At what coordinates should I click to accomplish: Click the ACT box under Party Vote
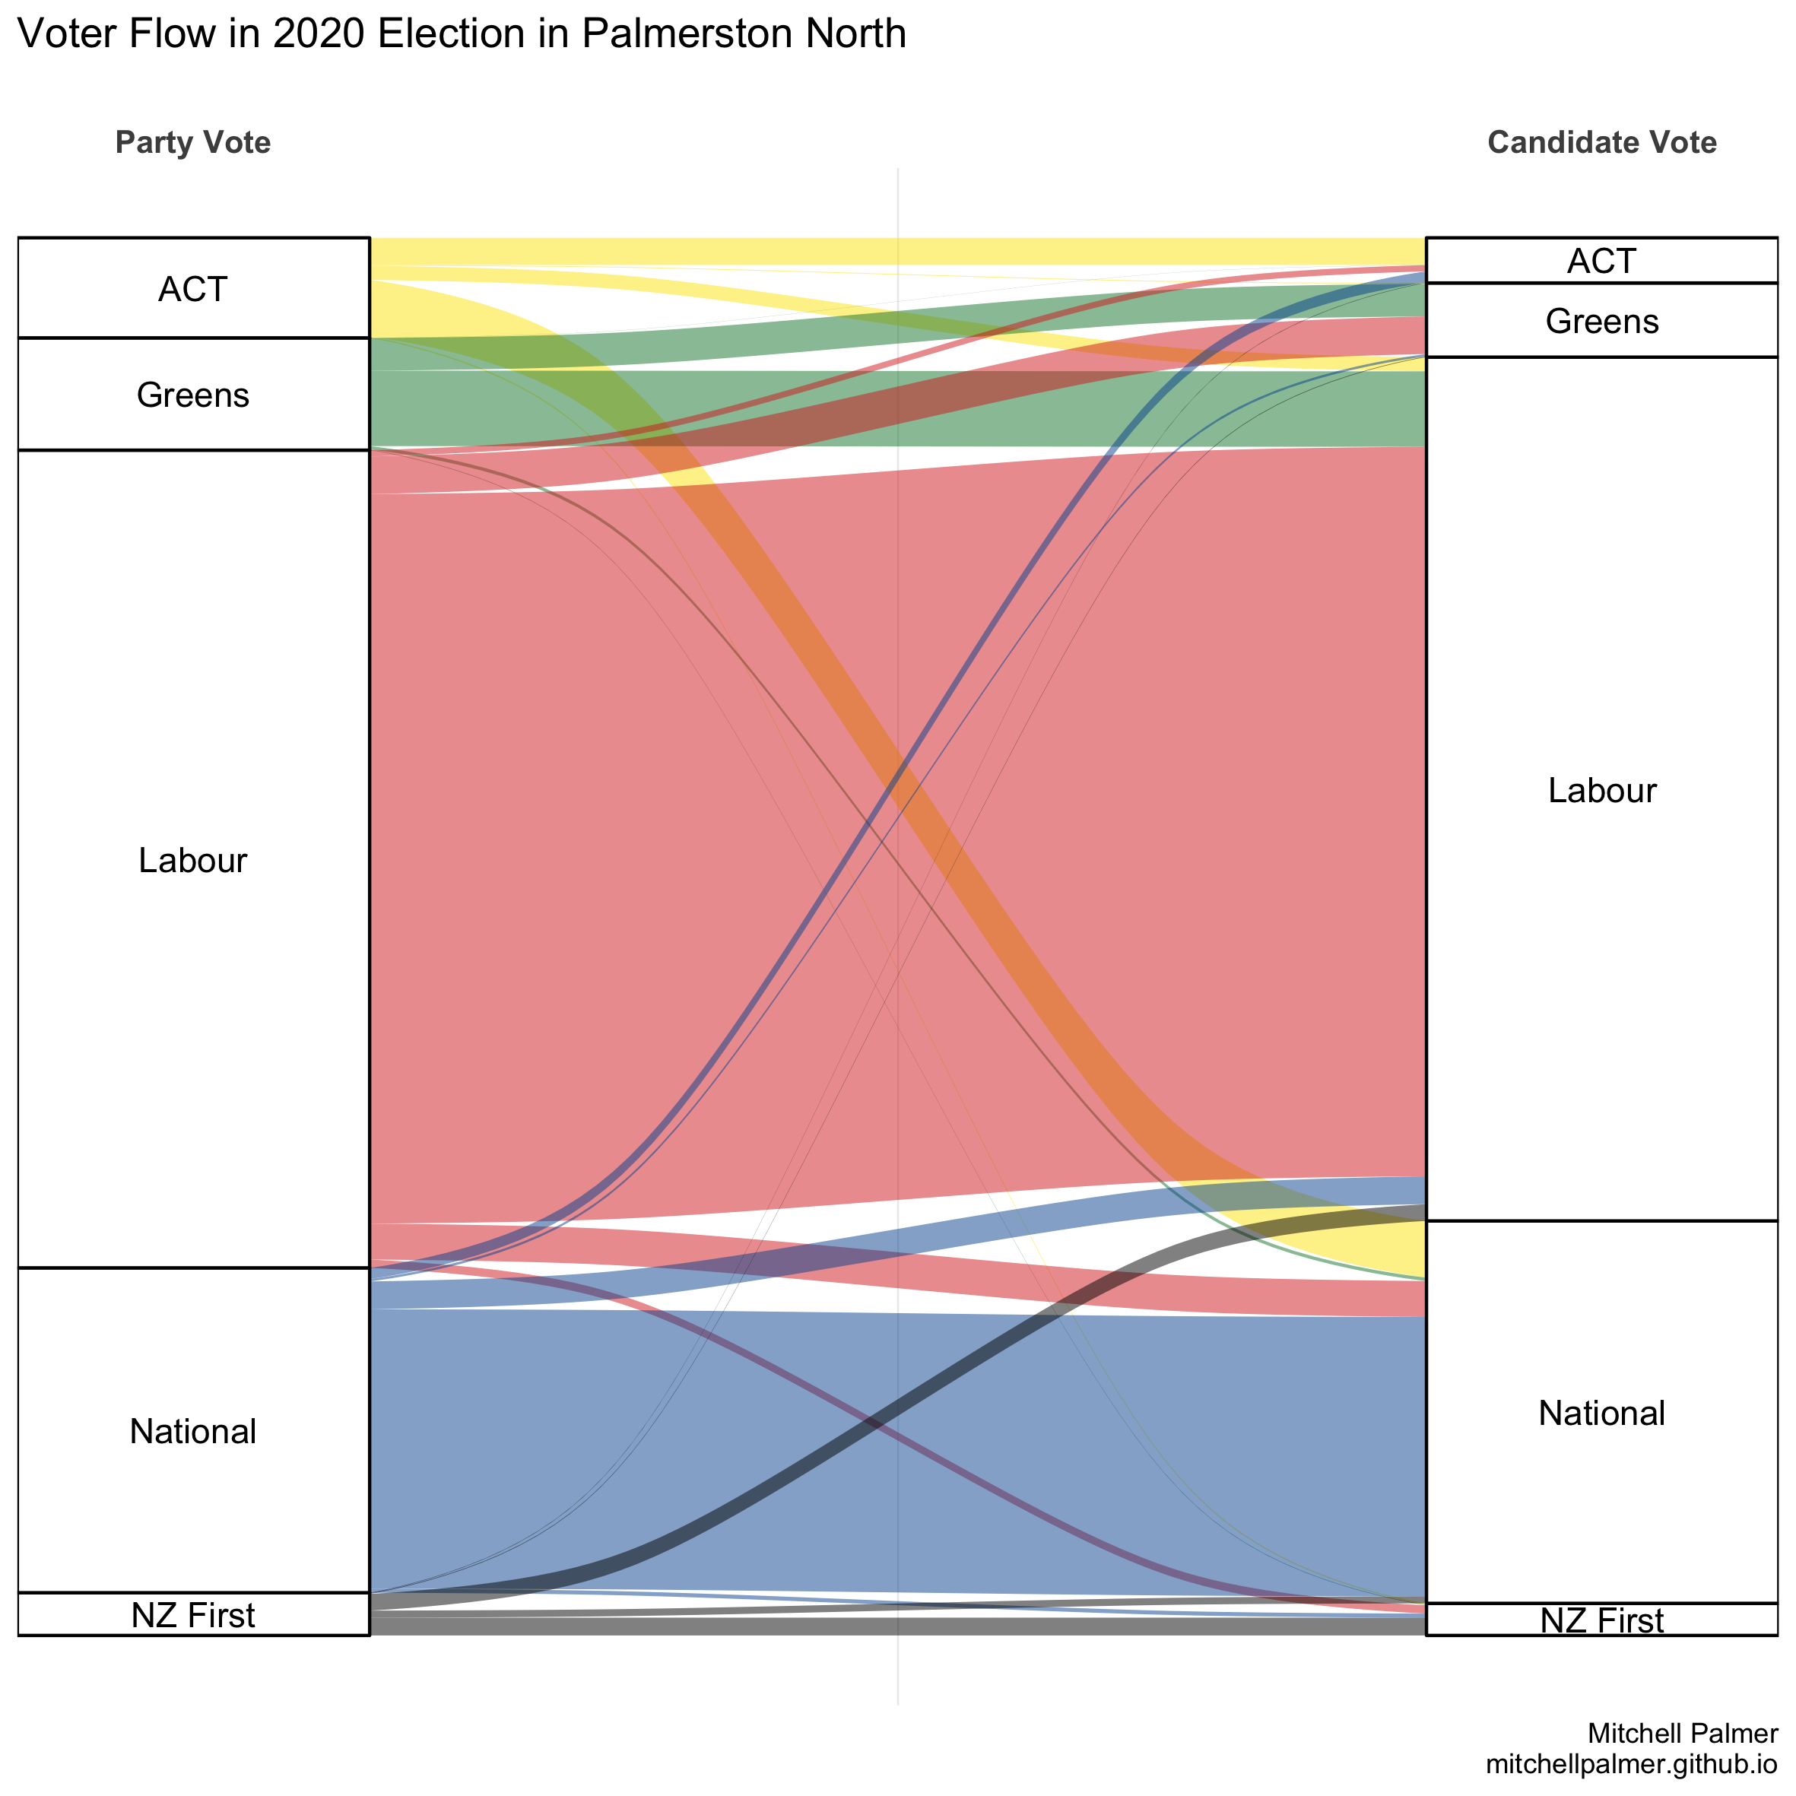[x=193, y=289]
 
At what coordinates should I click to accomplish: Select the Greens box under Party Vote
[x=193, y=395]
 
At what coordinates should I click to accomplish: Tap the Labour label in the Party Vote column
[x=193, y=860]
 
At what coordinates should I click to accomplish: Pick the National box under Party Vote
[x=193, y=1431]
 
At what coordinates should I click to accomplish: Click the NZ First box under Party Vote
[x=193, y=1615]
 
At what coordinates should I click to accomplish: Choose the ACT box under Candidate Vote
[x=1601, y=262]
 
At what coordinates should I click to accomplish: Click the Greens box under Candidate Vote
[x=1601, y=321]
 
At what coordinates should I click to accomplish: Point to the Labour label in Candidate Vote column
[x=1601, y=790]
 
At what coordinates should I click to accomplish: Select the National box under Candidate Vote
[x=1601, y=1412]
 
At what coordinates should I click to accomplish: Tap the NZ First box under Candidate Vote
[x=1601, y=1620]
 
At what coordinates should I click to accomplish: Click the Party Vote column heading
[x=193, y=142]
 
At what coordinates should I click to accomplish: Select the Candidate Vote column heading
[x=1601, y=142]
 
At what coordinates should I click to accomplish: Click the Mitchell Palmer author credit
[x=1683, y=1733]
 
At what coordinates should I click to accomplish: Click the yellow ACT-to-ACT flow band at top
[x=898, y=251]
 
